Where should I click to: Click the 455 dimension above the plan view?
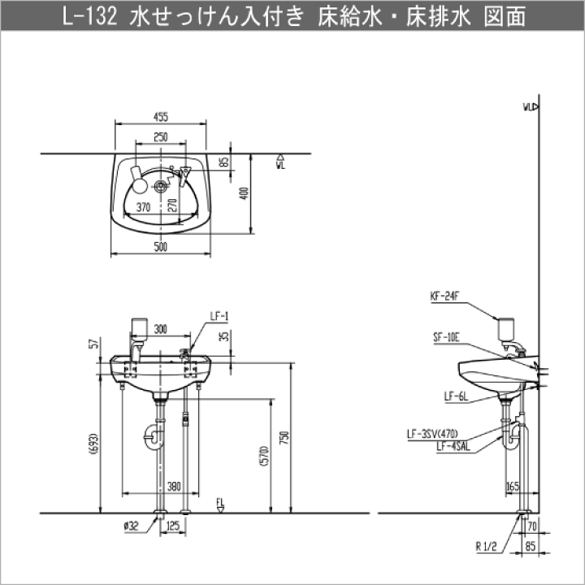pyautogui.click(x=160, y=116)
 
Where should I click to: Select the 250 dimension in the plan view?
pyautogui.click(x=160, y=137)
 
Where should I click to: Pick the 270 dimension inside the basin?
pyautogui.click(x=172, y=205)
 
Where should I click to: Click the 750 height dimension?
pyautogui.click(x=284, y=437)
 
